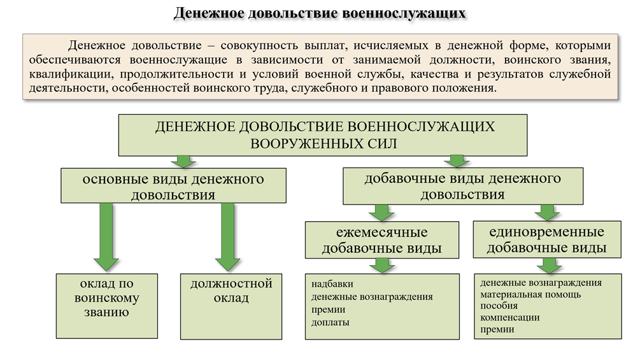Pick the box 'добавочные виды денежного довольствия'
[x=462, y=186]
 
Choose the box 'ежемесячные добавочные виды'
[x=382, y=239]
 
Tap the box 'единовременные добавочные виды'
[x=546, y=239]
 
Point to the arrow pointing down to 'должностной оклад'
[x=228, y=236]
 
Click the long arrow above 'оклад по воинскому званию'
[x=106, y=236]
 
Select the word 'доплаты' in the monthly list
[x=331, y=322]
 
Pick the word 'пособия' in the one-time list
[x=499, y=306]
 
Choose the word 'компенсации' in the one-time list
[x=510, y=317]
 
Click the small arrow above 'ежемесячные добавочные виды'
[x=381, y=212]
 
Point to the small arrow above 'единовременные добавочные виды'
[x=546, y=212]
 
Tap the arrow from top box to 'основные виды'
[x=185, y=161]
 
